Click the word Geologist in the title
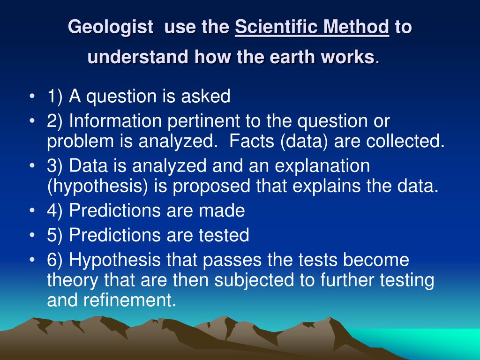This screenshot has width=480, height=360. tap(111, 27)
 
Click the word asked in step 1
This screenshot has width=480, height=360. tap(205, 96)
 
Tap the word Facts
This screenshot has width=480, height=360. tap(251, 141)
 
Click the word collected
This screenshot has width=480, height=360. tap(405, 141)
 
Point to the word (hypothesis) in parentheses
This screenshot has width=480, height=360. tap(97, 187)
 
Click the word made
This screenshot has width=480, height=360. tap(222, 210)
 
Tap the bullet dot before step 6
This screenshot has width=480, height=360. tap(32, 260)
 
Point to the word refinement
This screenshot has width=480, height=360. tap(130, 300)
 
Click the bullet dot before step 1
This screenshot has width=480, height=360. tap(32, 96)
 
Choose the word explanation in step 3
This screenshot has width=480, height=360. tap(322, 166)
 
